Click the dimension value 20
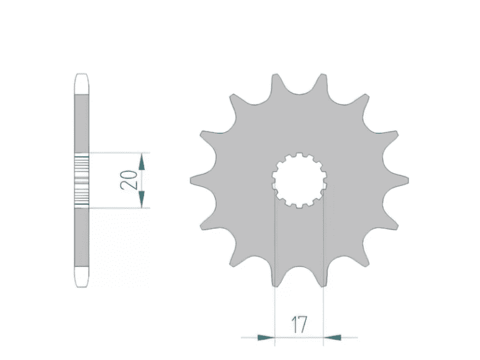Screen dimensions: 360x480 129,180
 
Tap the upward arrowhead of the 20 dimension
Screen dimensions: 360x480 142,162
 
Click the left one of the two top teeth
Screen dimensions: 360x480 276,82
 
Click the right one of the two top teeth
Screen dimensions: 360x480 322,82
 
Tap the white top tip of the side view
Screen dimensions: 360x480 82,84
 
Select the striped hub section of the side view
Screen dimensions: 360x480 82,180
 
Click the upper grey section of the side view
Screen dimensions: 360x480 82,123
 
